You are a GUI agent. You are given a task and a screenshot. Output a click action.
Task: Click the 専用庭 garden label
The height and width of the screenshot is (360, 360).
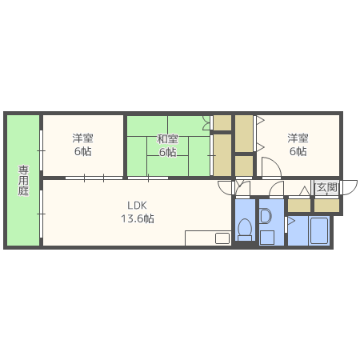tap(23, 180)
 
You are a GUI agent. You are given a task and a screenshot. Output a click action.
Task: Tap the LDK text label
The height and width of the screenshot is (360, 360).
tap(137, 206)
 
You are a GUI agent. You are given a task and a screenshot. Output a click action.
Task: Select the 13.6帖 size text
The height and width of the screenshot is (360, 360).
tap(138, 218)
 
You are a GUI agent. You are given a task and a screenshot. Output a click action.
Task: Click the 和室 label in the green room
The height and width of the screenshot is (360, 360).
tap(167, 138)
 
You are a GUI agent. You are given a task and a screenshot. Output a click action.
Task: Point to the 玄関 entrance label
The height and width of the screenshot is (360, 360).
tap(327, 187)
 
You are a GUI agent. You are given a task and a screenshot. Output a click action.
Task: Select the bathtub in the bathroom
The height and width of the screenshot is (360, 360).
tap(319, 230)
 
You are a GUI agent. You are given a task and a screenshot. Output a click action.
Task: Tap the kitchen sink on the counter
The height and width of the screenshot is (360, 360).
tap(222, 238)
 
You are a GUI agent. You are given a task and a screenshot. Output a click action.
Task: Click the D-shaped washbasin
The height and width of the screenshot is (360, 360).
tap(266, 216)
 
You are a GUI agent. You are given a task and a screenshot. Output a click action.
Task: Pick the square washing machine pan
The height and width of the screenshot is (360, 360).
tap(267, 238)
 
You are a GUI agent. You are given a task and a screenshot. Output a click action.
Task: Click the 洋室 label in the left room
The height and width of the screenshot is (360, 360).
tap(82, 138)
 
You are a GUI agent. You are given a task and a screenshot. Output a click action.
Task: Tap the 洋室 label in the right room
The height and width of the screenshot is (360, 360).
tap(298, 138)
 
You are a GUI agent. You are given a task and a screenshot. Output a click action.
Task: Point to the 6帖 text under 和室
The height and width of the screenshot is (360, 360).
tap(167, 152)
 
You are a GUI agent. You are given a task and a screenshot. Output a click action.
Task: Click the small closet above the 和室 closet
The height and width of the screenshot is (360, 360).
tap(222, 122)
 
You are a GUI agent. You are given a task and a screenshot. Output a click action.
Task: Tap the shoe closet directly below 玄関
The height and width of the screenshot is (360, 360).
tap(326, 206)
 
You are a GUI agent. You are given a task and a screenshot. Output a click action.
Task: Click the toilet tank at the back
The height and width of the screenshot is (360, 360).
tap(245, 238)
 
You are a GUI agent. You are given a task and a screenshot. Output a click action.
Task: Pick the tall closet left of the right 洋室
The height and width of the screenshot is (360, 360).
tap(244, 134)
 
